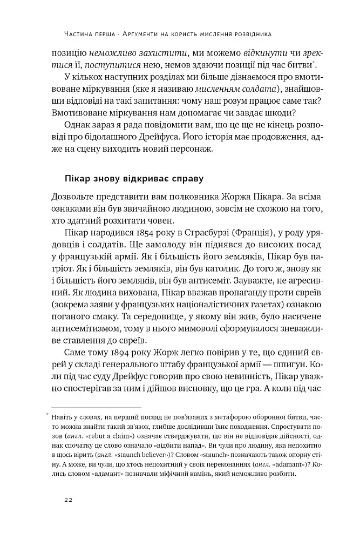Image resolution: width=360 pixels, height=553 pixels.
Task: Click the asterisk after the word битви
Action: coord(315,61)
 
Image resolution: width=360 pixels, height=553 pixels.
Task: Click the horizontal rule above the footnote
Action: coord(96,406)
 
